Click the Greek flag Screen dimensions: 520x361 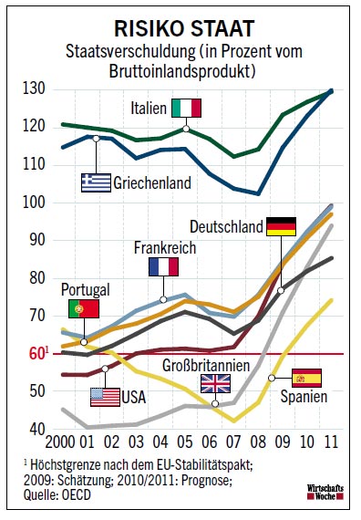click(x=96, y=182)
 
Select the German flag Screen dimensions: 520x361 click(x=280, y=226)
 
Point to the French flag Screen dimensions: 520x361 click(x=163, y=266)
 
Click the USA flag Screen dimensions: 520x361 click(x=105, y=397)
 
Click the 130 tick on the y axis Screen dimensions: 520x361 click(x=36, y=88)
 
